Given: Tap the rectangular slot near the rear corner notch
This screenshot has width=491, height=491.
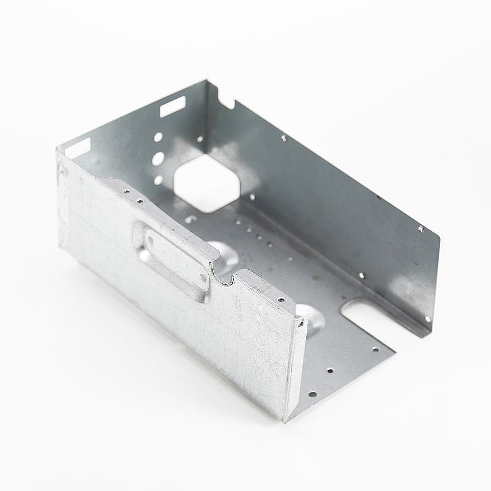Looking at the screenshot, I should click(x=172, y=107).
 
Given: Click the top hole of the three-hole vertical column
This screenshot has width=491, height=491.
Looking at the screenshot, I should click(x=158, y=137).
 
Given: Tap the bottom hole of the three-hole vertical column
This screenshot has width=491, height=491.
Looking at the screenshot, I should click(x=158, y=180).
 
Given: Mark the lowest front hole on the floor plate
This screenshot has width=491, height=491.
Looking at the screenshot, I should click(x=311, y=394).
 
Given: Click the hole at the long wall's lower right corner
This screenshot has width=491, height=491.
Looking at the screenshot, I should click(x=427, y=319).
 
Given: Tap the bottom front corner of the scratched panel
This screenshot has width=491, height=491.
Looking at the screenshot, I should click(x=285, y=420).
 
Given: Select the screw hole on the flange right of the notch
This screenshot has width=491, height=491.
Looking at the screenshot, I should click(x=281, y=299).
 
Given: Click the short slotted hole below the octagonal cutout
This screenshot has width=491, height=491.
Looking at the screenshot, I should click(x=191, y=219).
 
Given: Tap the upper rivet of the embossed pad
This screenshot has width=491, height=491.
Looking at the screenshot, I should click(x=151, y=241).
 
